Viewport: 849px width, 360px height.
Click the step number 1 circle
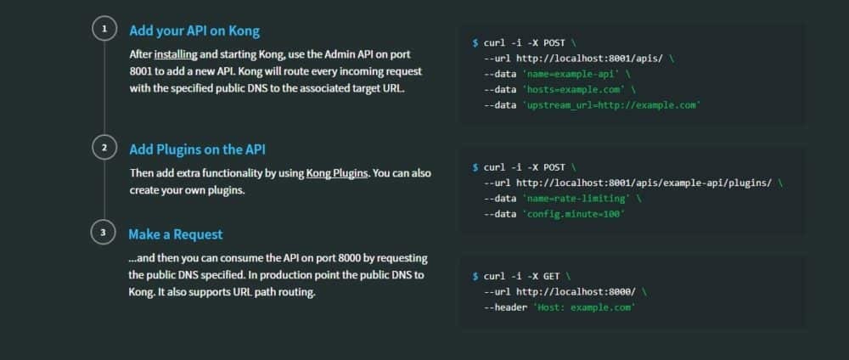[104, 30]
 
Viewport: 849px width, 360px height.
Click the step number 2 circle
[104, 149]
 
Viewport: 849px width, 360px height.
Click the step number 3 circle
[104, 232]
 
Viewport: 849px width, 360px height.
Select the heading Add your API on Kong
[194, 31]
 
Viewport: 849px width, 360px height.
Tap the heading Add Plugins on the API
[197, 149]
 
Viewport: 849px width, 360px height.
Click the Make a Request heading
[176, 233]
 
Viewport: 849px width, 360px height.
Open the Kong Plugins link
[337, 172]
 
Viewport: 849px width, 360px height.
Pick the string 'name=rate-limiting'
[576, 199]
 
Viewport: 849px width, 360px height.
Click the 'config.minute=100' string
[574, 214]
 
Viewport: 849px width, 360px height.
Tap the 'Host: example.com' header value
[583, 307]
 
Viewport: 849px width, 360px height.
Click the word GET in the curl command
[550, 276]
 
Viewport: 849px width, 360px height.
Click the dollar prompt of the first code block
[475, 42]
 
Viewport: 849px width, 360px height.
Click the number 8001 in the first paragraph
[141, 71]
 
